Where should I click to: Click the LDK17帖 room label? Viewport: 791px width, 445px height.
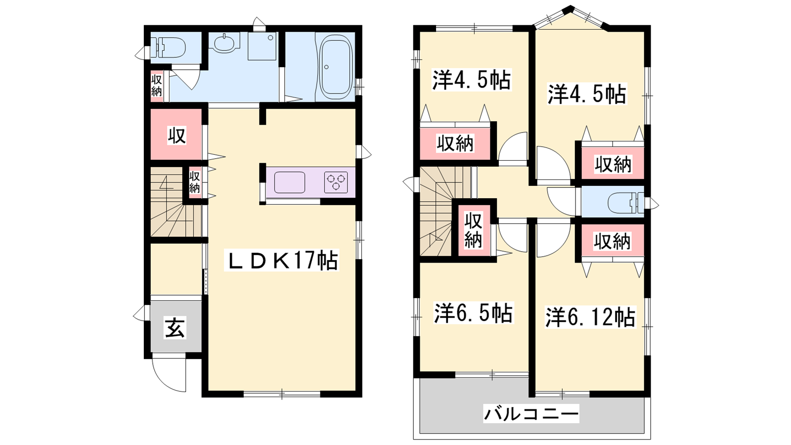[281, 260]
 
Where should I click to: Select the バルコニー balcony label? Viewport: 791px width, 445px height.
[531, 413]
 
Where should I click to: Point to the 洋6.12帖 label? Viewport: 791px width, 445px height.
[590, 317]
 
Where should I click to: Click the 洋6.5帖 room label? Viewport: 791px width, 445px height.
[473, 312]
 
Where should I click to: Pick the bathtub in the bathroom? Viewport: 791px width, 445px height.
[336, 67]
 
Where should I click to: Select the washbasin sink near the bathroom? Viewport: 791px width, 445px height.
[224, 44]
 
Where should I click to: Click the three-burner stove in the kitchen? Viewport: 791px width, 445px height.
[336, 182]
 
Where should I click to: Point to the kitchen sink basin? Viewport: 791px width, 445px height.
[290, 182]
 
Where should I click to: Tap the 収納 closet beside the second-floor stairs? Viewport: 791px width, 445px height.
[474, 230]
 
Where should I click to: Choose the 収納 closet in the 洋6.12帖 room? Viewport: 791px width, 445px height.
[612, 241]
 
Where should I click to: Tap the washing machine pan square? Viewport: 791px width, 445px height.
[262, 46]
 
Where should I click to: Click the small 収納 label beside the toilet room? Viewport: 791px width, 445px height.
[156, 86]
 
